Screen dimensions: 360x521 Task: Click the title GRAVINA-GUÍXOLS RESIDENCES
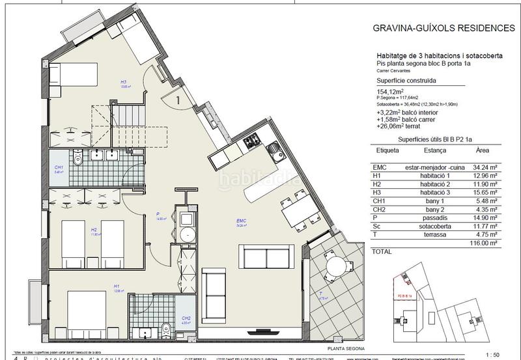(x=443, y=28)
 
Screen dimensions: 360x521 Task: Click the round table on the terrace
(x=335, y=265)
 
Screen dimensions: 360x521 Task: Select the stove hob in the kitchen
(x=252, y=141)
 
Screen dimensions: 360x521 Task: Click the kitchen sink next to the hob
(x=274, y=152)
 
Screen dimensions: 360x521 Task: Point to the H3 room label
(x=122, y=81)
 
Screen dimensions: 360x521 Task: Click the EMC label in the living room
(x=241, y=221)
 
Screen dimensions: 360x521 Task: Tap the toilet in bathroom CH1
(x=77, y=158)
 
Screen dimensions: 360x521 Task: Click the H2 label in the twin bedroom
(x=94, y=229)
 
